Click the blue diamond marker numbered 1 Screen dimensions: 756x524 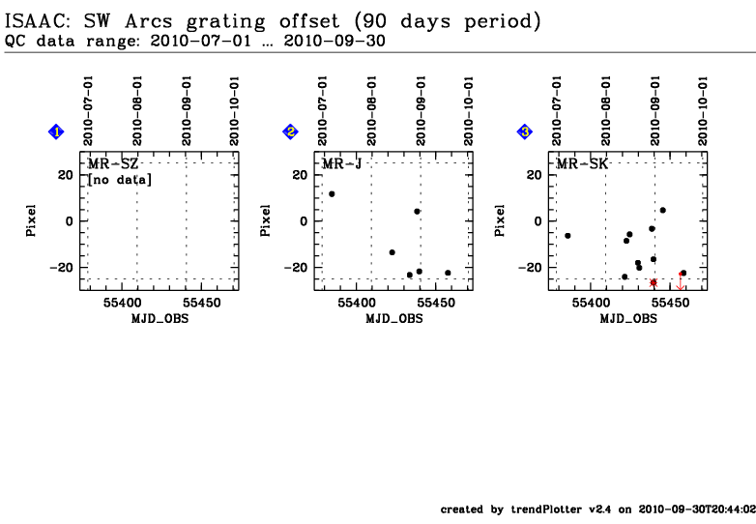56,131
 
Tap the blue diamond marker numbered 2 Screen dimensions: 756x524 290,131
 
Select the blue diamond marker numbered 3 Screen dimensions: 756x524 525,131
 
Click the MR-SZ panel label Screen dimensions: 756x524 113,164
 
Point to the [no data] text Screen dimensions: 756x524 120,180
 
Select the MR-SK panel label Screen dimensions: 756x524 582,164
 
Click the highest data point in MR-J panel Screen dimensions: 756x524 332,194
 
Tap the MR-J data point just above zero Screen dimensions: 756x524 417,212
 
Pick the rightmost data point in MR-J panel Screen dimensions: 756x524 448,273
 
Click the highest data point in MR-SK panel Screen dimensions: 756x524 663,210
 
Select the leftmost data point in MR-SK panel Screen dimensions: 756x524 567,236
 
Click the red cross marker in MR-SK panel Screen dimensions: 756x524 654,283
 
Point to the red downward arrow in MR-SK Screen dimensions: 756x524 681,281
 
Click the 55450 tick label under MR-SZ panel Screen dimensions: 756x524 202,303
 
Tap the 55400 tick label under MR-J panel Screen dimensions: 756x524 357,303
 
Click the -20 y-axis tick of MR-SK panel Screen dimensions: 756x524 531,268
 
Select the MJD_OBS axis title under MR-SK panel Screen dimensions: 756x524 628,319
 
